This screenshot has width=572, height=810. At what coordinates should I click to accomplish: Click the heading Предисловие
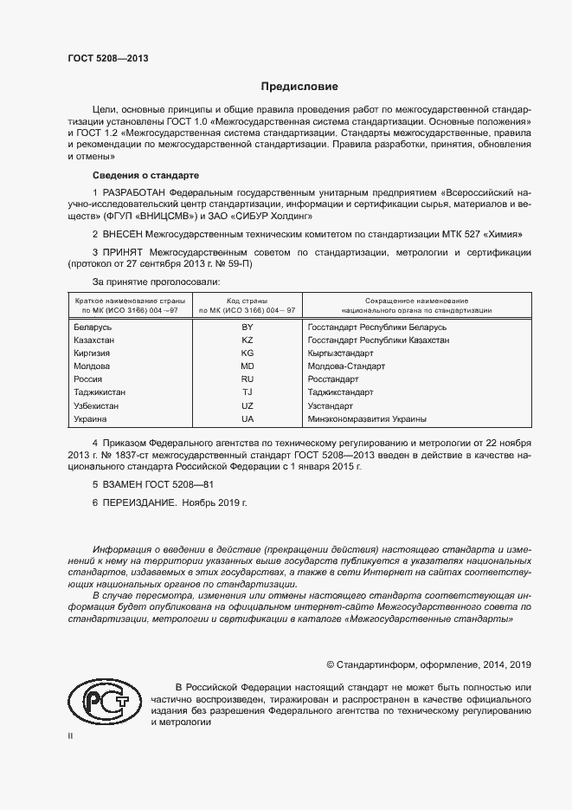tap(299, 87)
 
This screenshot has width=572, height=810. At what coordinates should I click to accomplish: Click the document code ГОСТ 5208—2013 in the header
tap(108, 58)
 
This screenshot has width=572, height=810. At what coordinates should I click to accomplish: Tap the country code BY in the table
tap(247, 328)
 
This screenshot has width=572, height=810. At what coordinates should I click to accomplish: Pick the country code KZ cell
tap(247, 341)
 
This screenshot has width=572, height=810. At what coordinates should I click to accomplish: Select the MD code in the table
tap(247, 366)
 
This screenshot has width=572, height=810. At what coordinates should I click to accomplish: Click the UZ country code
tap(247, 405)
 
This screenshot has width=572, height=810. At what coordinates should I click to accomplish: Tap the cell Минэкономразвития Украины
tap(367, 418)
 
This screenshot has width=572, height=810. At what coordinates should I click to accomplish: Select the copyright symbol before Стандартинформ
tap(331, 664)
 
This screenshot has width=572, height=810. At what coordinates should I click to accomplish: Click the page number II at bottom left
tap(70, 735)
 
